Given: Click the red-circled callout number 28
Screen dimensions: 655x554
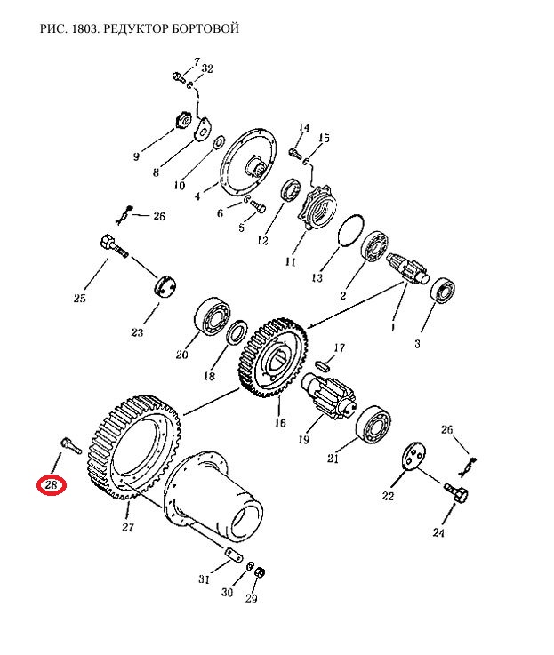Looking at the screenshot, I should click(51, 485).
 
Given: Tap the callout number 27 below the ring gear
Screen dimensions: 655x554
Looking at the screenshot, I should click(128, 529).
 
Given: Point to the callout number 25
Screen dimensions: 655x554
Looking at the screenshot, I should click(79, 299).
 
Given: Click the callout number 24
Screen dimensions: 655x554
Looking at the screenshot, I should click(437, 533).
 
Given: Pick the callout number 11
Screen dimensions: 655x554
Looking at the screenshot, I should click(290, 262).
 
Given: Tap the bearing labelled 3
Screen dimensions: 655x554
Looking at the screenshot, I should click(442, 292).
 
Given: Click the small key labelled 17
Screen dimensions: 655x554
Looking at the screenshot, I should click(324, 363).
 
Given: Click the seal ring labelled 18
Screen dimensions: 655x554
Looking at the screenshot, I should click(237, 335).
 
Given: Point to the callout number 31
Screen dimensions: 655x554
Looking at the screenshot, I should click(204, 581).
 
